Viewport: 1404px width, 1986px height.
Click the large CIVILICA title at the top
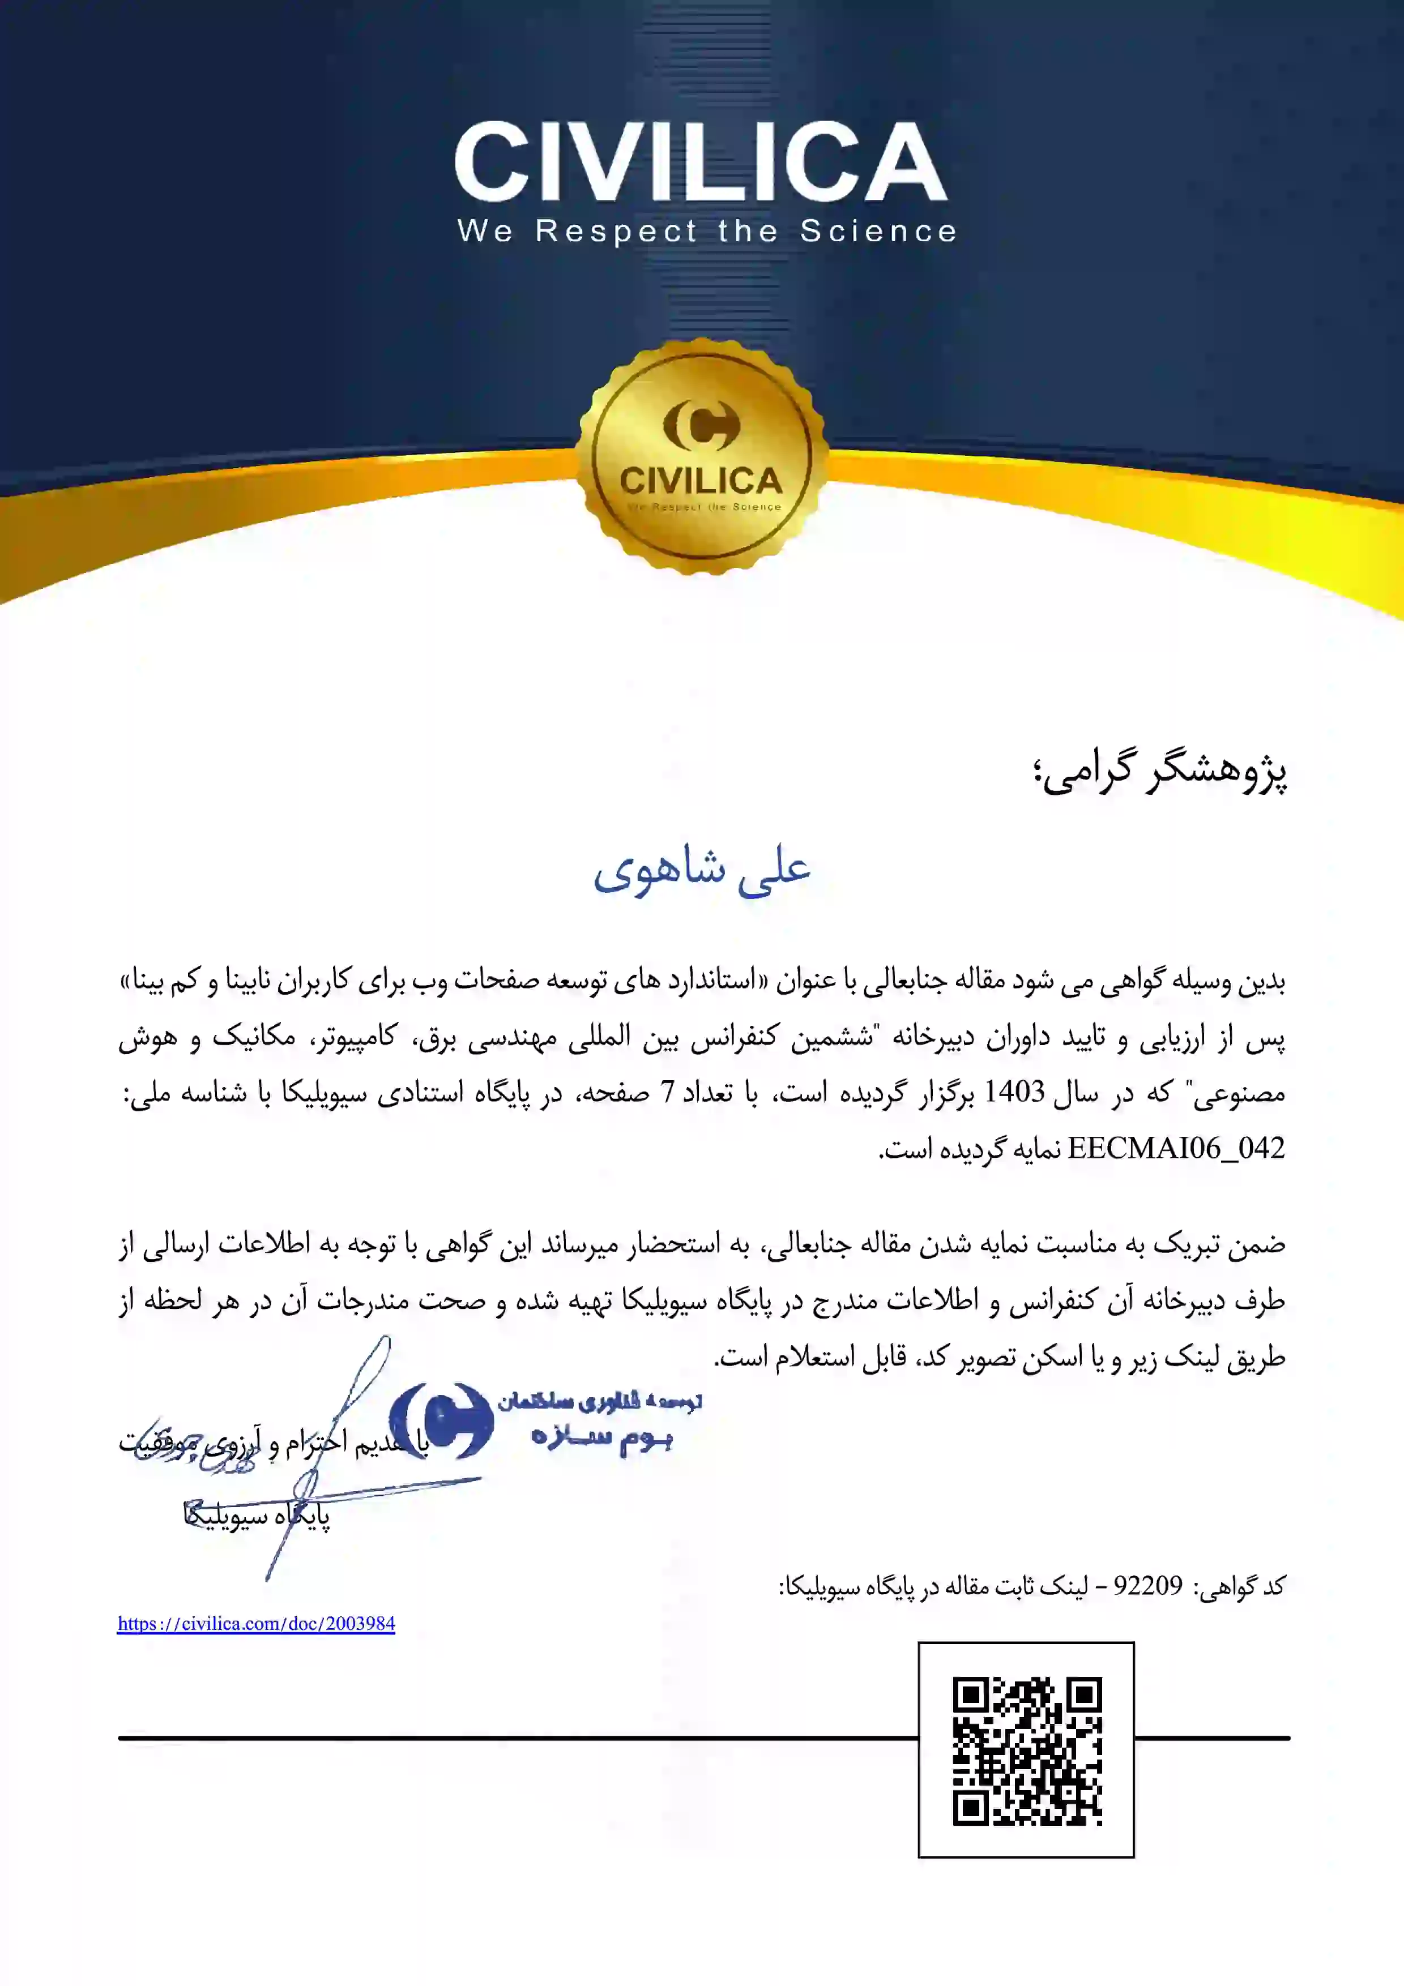point(701,162)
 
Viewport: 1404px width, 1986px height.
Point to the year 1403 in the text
point(1014,1093)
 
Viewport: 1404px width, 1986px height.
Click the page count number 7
point(667,1093)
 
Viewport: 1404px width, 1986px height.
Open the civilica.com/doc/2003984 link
point(256,1624)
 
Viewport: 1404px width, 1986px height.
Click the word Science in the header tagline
point(878,231)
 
